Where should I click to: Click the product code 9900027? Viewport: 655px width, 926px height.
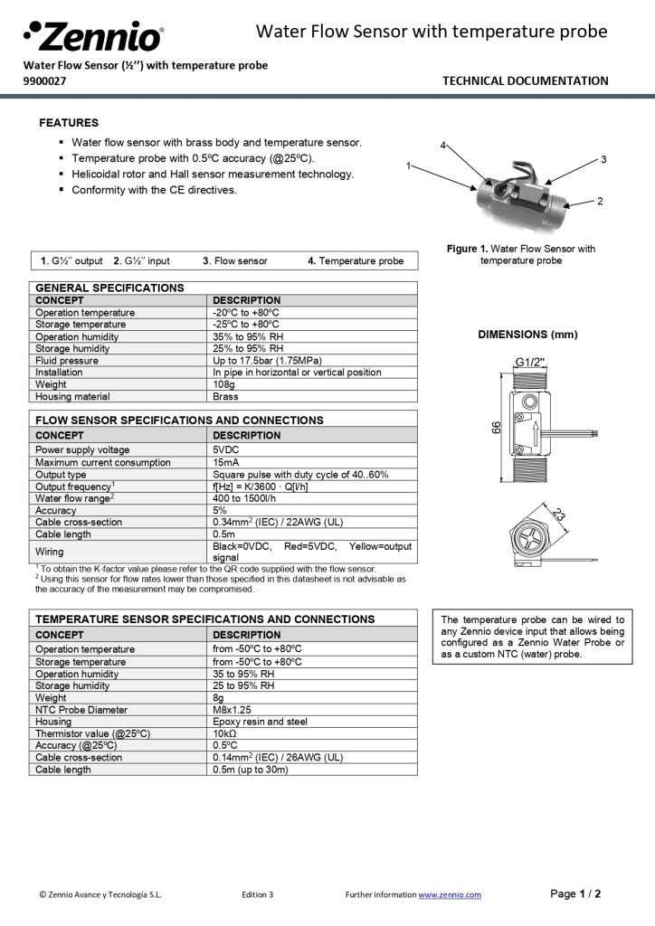[44, 80]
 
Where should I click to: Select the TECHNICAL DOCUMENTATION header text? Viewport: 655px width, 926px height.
[525, 80]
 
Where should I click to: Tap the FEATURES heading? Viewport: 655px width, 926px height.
[69, 123]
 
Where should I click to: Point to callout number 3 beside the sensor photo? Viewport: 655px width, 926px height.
[603, 159]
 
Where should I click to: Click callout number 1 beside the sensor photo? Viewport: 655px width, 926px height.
[409, 165]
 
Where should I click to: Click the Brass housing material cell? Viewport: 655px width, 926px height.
[225, 396]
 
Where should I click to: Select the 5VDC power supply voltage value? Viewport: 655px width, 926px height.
[226, 449]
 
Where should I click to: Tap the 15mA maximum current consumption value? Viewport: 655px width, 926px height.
[225, 462]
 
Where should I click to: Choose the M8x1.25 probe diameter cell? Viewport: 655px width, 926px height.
[233, 710]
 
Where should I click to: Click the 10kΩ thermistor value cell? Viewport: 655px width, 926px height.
[224, 733]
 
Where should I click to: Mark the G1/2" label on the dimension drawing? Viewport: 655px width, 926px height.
[530, 362]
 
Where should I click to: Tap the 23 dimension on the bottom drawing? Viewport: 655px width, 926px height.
[558, 515]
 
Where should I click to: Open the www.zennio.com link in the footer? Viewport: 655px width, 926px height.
[449, 894]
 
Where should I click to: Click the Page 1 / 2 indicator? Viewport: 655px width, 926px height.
[575, 893]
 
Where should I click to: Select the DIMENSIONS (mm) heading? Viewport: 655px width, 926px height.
[527, 334]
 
